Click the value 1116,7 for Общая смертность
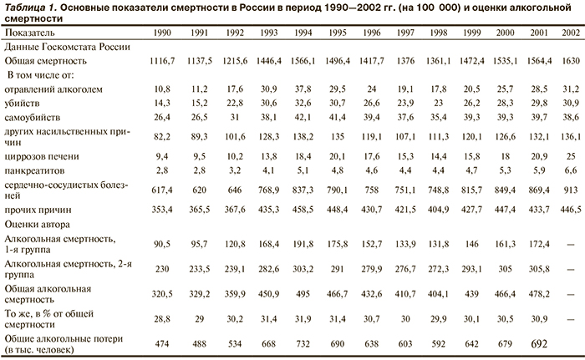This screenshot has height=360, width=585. pos(165,61)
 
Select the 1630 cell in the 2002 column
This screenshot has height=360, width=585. pos(569,61)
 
